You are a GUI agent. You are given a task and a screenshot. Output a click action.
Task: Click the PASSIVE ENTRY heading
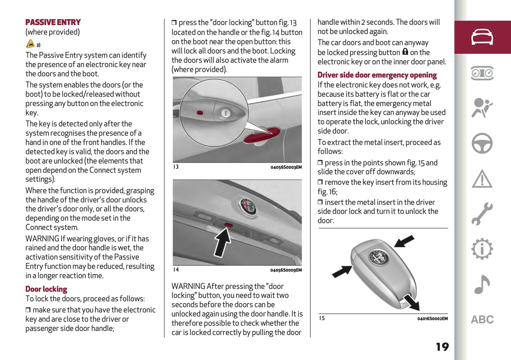(x=53, y=22)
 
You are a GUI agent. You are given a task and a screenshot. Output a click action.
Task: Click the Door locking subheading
(x=46, y=289)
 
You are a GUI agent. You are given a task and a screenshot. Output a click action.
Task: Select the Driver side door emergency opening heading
(x=377, y=75)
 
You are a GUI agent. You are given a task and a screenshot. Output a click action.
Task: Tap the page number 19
(x=442, y=347)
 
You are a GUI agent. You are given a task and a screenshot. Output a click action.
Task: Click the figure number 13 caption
(x=176, y=167)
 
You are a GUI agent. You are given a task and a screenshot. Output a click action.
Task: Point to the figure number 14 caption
(x=176, y=270)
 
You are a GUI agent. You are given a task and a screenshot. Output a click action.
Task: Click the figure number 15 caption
(x=322, y=318)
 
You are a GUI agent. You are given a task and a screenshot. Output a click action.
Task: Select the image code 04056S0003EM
(x=286, y=167)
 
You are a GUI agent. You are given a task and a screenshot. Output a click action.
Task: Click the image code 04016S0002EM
(x=432, y=319)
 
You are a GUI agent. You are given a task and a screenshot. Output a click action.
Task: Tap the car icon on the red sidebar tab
(x=482, y=37)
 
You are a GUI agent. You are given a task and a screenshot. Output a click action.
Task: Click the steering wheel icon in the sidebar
(x=482, y=143)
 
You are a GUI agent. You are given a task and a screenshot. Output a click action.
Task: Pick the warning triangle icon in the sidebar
(x=482, y=179)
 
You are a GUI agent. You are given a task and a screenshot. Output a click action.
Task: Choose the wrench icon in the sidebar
(x=482, y=214)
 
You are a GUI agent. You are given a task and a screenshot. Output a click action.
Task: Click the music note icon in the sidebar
(x=482, y=284)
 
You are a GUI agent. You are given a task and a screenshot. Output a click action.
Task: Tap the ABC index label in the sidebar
(x=482, y=320)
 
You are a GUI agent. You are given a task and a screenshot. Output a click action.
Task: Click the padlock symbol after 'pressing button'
(x=405, y=52)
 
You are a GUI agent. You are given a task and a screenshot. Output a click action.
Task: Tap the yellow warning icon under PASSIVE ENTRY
(x=30, y=44)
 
